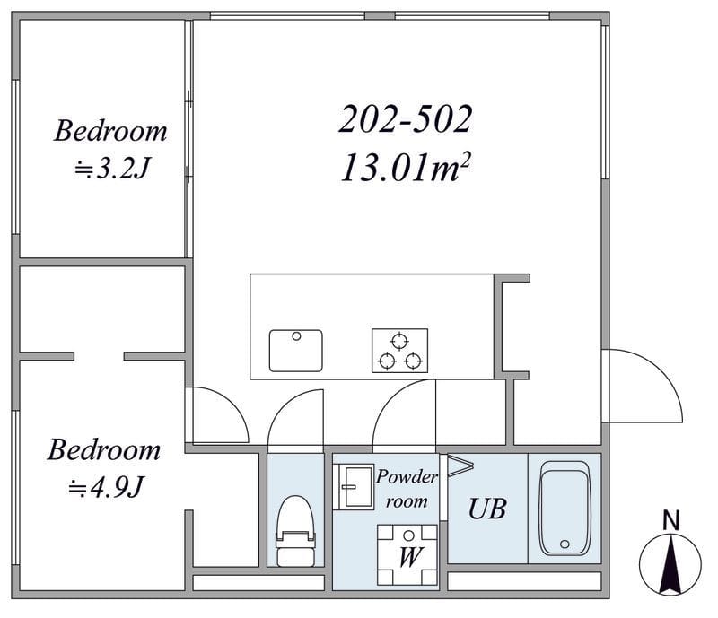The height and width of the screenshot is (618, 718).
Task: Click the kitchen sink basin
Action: (296, 351)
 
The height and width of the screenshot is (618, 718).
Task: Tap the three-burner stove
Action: (399, 351)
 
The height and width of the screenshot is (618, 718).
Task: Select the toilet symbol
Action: (296, 531)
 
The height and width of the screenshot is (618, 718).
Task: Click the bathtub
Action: (565, 509)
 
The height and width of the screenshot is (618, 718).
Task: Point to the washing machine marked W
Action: (407, 555)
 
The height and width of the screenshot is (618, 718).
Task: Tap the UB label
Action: (487, 509)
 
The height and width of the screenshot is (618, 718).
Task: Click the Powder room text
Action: (407, 490)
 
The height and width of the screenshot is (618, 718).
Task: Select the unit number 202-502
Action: (406, 119)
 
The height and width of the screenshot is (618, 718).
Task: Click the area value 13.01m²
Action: (406, 168)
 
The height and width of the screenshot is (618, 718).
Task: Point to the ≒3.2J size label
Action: (112, 168)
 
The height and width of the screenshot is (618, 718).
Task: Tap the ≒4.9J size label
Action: (106, 487)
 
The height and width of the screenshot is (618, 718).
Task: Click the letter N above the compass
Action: (670, 520)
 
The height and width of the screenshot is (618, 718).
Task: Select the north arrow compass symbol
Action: (670, 564)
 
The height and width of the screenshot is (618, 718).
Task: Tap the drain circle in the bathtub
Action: (565, 544)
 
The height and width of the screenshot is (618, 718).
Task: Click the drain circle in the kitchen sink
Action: (296, 336)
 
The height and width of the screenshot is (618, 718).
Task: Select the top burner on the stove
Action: (399, 341)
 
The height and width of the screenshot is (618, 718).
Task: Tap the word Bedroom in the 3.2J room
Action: (110, 131)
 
